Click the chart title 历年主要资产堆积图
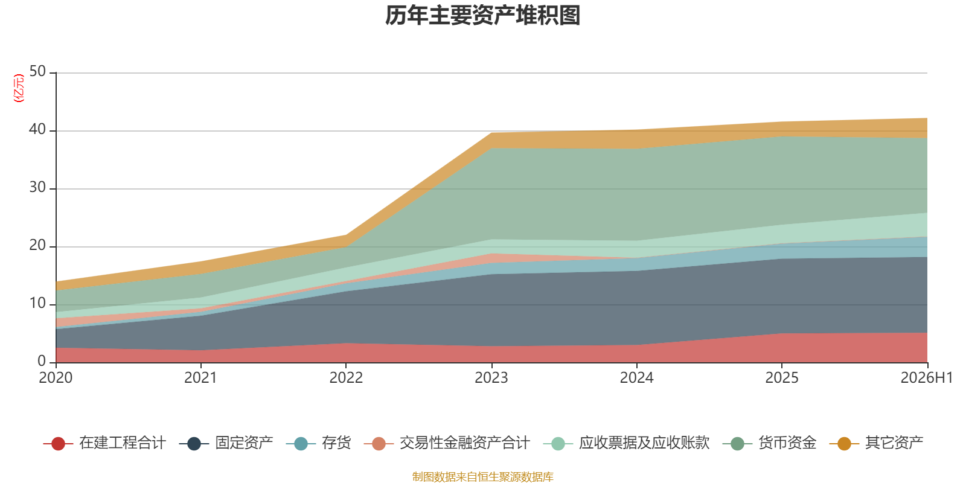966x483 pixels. (482, 16)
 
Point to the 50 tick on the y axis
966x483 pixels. (38, 72)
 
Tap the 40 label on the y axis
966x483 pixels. (38, 129)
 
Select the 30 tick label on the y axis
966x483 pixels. (38, 188)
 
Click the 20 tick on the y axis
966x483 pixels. (38, 245)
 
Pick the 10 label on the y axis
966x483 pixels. (38, 304)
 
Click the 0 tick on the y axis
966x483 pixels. (42, 361)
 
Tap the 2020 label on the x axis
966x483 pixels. (56, 378)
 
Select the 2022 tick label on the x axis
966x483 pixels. (347, 378)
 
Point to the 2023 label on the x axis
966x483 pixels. (491, 378)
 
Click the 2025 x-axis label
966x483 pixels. (782, 378)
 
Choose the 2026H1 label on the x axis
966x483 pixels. (927, 378)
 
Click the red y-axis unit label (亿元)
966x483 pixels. (19, 88)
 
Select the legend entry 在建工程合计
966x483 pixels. (104, 443)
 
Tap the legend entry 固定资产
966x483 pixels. (226, 443)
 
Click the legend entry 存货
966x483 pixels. (318, 443)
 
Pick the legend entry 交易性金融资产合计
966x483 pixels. (447, 443)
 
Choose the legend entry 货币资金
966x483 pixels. (769, 443)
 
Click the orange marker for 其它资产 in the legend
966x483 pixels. (844, 444)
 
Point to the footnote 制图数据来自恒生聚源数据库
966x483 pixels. (482, 476)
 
